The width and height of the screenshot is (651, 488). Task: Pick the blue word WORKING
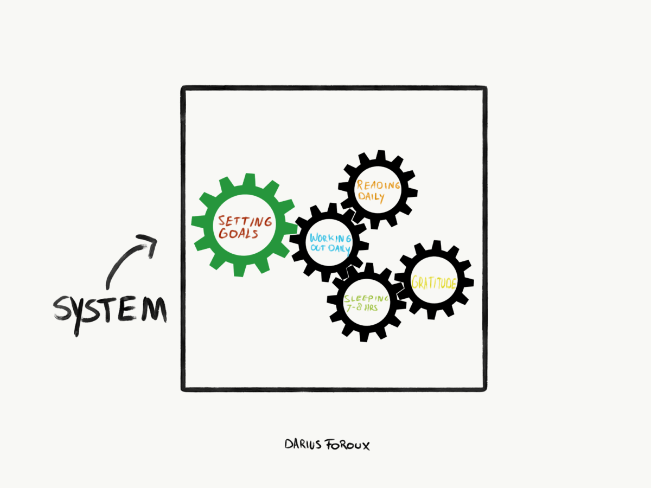(330, 238)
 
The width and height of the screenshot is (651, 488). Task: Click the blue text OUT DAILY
(330, 248)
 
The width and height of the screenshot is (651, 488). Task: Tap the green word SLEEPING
(367, 299)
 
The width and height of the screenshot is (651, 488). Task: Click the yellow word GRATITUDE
(434, 282)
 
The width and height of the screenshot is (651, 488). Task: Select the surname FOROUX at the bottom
(348, 445)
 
